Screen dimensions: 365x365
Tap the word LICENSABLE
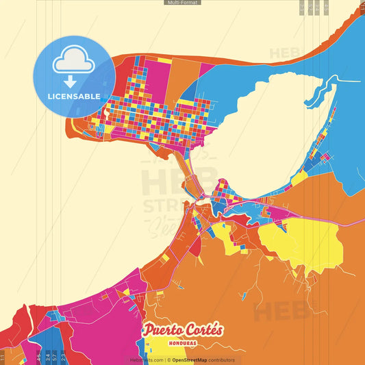(x=74, y=96)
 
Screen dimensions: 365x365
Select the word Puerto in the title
(x=162, y=330)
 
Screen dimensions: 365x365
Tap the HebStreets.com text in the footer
(x=147, y=360)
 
